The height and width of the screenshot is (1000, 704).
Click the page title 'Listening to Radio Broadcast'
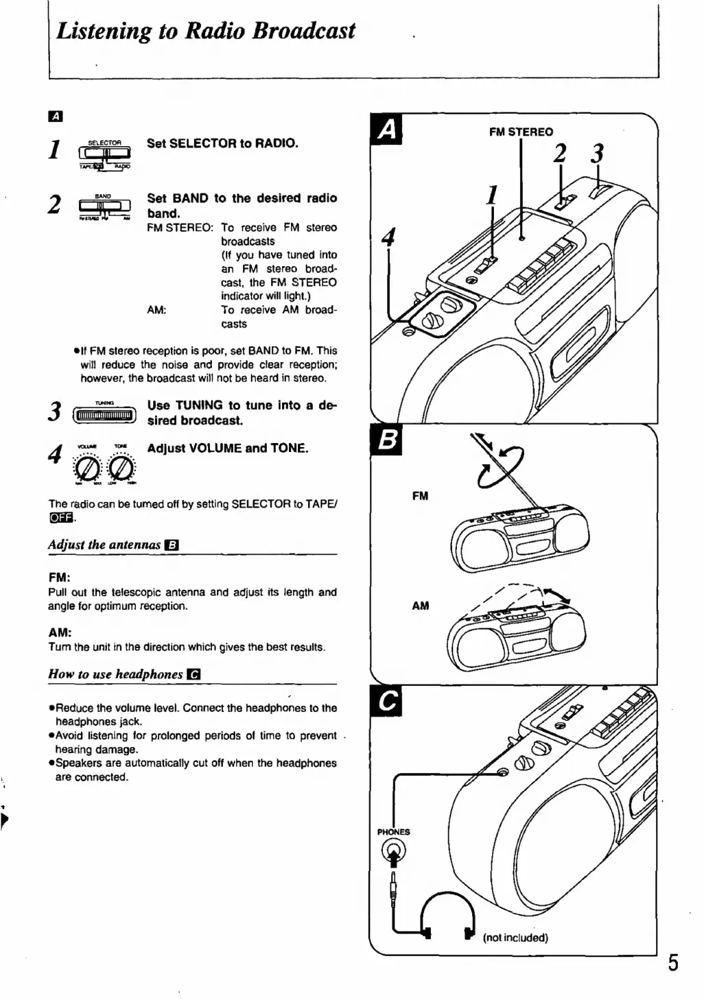(x=205, y=31)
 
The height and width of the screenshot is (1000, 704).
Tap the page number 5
(x=673, y=962)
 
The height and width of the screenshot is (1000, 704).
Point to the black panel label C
(x=386, y=701)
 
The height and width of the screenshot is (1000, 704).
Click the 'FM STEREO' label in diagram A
(x=521, y=132)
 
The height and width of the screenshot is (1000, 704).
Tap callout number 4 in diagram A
(x=388, y=237)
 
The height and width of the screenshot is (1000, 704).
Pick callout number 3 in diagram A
(x=598, y=154)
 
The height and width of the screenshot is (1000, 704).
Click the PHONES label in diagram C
(x=393, y=832)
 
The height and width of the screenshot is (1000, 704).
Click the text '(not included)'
(x=515, y=938)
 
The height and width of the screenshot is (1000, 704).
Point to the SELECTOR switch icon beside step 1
(x=105, y=154)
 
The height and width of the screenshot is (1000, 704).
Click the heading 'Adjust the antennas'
(x=104, y=545)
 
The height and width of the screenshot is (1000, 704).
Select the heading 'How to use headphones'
(x=115, y=674)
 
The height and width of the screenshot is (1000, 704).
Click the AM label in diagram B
(x=420, y=606)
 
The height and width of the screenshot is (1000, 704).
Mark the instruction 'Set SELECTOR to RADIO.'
(x=222, y=143)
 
